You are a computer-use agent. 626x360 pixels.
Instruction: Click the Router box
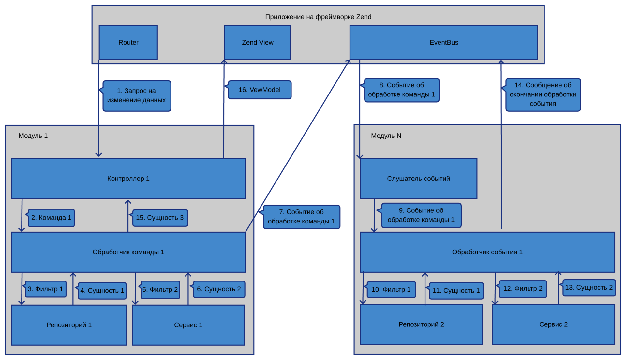[x=128, y=43]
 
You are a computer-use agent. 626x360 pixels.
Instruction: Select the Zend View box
[x=257, y=43]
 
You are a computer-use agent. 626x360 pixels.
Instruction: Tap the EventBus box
[x=443, y=43]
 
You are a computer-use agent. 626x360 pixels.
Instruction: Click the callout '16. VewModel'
[x=260, y=90]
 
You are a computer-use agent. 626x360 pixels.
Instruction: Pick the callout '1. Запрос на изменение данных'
[x=137, y=96]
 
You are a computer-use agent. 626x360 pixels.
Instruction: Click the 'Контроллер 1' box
[x=128, y=179]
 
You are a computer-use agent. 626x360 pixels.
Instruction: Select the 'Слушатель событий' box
[x=418, y=179]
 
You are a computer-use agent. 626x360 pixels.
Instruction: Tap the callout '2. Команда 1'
[x=52, y=218]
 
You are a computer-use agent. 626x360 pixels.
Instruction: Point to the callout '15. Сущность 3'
[x=160, y=218]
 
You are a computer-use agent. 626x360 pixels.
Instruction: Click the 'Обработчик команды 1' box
[x=128, y=252]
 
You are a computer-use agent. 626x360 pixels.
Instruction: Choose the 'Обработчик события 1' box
[x=487, y=252]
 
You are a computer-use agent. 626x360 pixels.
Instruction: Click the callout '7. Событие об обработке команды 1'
[x=301, y=217]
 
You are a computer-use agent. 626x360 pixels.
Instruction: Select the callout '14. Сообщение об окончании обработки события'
[x=543, y=94]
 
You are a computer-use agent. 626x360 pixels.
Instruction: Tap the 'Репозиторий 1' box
[x=69, y=325]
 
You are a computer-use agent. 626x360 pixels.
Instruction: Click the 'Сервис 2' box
[x=553, y=324]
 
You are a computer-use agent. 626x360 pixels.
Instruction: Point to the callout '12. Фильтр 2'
[x=523, y=289]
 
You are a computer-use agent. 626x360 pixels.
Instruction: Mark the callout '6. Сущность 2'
[x=219, y=289]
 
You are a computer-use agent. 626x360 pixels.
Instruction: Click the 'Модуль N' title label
[x=386, y=136]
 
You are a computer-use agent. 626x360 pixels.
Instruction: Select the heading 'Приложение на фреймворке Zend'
[x=318, y=17]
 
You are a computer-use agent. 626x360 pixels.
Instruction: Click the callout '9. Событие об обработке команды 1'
[x=421, y=215]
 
